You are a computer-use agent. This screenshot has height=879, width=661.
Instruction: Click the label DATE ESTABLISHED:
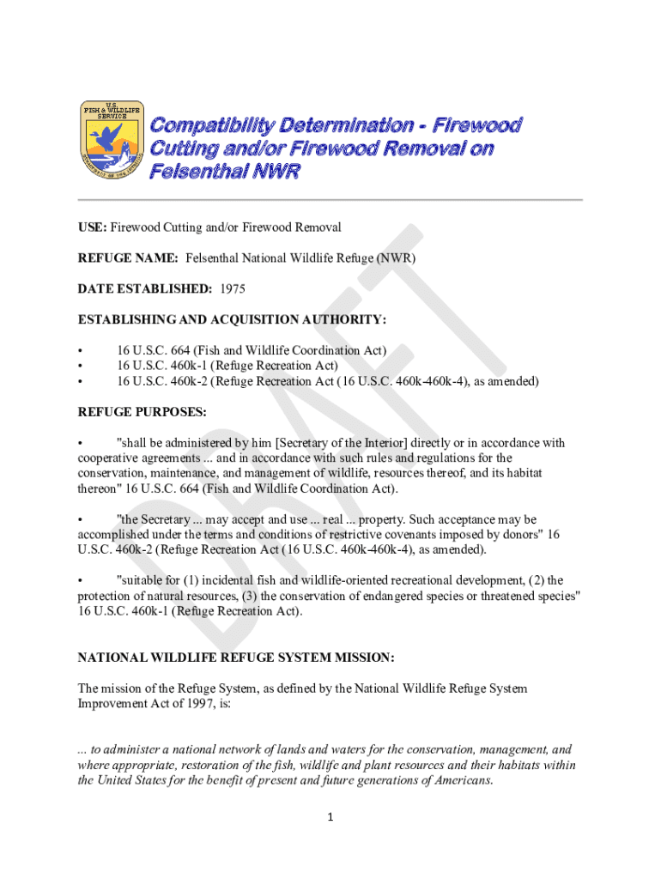[x=145, y=288]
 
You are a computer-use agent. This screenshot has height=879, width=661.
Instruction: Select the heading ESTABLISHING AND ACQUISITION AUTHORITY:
[x=233, y=319]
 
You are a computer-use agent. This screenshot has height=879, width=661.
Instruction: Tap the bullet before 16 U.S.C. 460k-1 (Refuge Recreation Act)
[x=81, y=366]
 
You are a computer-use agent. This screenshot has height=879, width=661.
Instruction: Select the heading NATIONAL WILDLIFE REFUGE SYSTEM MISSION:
[x=236, y=658]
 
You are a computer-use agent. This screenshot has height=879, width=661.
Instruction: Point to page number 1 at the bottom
[x=330, y=817]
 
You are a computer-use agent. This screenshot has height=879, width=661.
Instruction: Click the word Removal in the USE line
[x=318, y=227]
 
